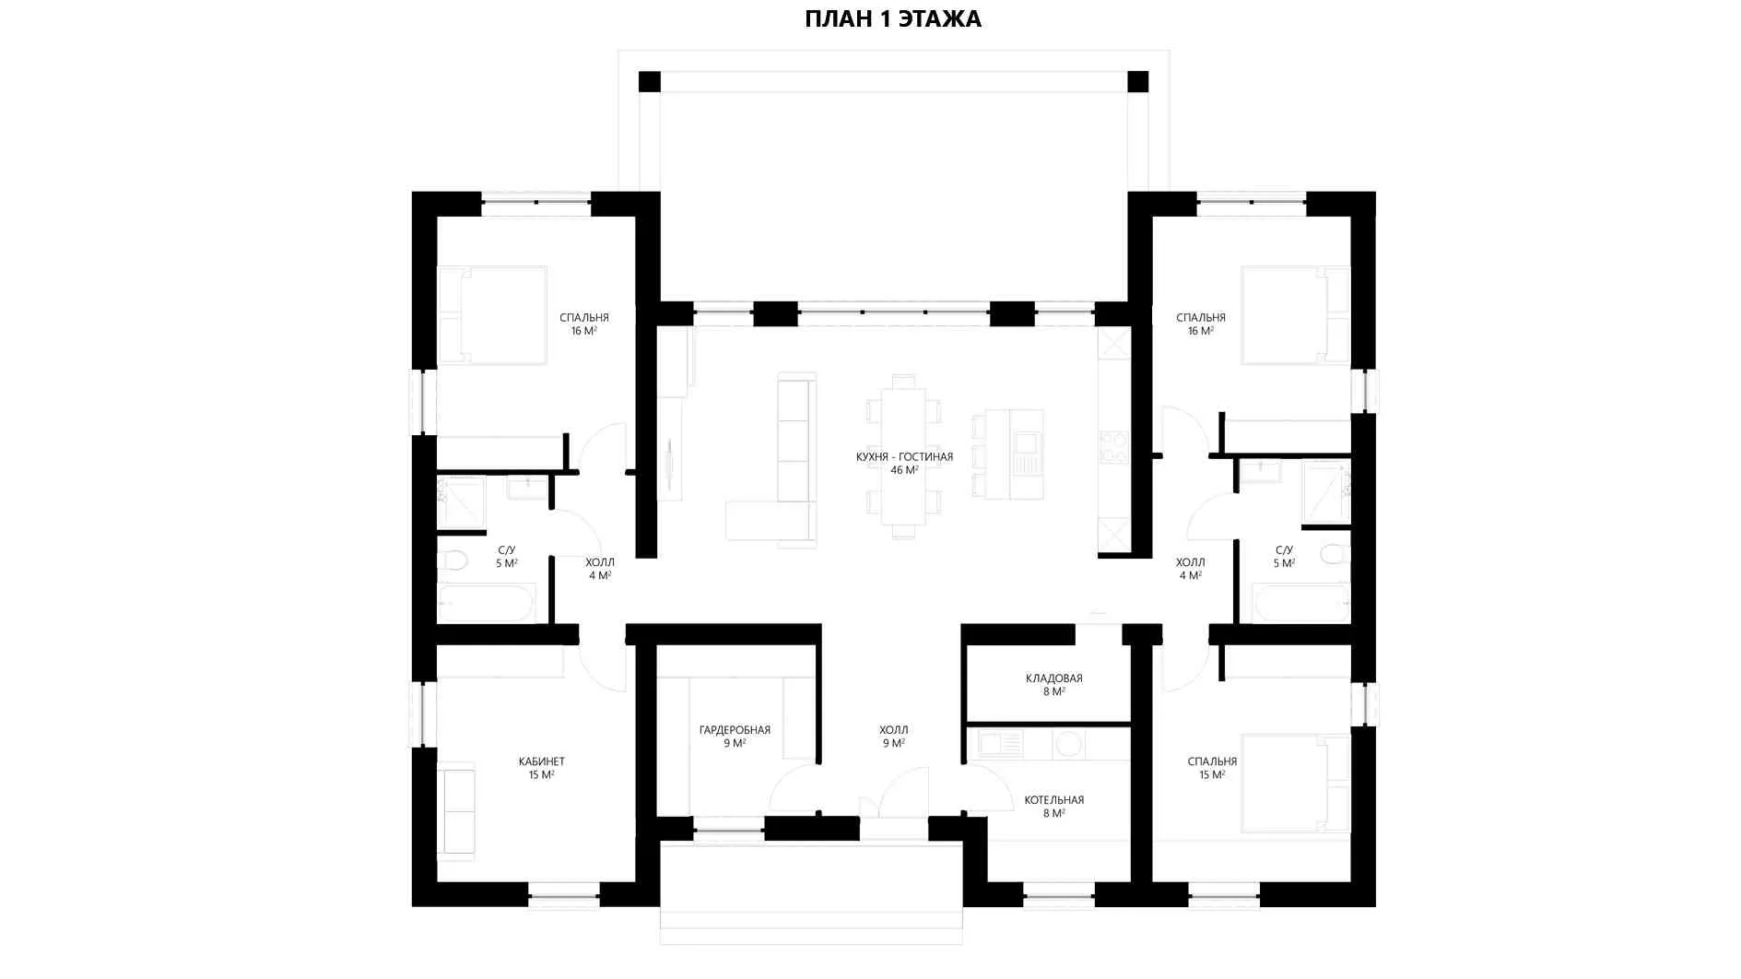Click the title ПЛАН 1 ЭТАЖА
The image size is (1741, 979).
[892, 19]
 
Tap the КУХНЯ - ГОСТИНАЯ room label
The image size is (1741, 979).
[904, 457]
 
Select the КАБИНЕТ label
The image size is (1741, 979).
[542, 761]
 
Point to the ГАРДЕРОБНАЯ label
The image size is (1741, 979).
[735, 730]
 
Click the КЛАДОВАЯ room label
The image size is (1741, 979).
[1054, 678]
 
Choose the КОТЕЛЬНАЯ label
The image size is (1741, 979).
[1054, 800]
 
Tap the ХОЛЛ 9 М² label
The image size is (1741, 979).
[893, 737]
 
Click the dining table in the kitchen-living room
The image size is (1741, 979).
[903, 456]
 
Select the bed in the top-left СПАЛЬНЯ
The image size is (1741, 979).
[491, 315]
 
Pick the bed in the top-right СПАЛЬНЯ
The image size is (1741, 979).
[1296, 315]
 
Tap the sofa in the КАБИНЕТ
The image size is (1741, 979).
[456, 810]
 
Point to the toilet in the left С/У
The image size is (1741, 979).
[453, 560]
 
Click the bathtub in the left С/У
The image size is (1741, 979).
[486, 604]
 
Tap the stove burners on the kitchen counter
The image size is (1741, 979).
[1113, 446]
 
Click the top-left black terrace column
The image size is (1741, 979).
[650, 81]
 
